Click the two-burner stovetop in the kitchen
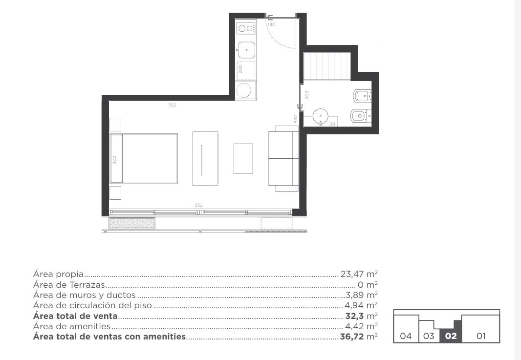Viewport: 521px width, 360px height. (x=246, y=28)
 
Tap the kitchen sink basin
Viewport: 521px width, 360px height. (x=246, y=50)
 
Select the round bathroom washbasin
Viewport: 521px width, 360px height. (x=321, y=116)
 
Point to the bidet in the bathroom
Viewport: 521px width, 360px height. (x=361, y=116)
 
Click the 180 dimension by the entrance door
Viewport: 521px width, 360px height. (x=271, y=24)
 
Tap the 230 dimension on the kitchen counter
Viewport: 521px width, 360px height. (x=240, y=69)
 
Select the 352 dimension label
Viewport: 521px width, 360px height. (x=172, y=105)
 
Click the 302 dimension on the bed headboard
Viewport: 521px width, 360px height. (x=114, y=160)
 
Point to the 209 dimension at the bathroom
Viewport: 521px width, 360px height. (x=306, y=95)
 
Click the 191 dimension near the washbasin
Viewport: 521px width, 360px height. (x=332, y=124)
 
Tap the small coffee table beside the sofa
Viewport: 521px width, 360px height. (x=243, y=158)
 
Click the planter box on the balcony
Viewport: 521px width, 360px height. (x=132, y=223)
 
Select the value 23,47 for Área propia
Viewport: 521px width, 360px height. (x=352, y=275)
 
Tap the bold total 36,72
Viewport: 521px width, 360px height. (x=352, y=337)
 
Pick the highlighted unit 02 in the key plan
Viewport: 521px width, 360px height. (x=451, y=336)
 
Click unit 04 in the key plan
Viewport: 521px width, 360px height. (x=405, y=336)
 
